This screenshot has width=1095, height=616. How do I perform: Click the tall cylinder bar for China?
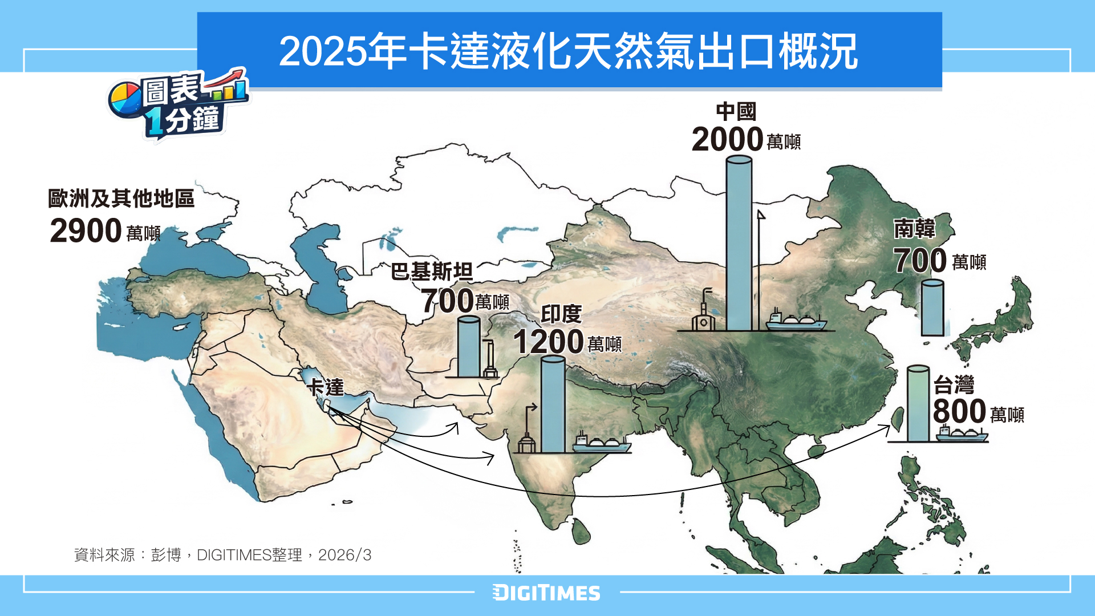(x=739, y=245)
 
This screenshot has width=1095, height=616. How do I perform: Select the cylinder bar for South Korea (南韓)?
(x=932, y=308)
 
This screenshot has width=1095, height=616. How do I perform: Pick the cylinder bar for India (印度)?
(x=553, y=405)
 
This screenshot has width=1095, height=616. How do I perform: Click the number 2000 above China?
(x=727, y=140)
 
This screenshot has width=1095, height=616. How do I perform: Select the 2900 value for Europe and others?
(x=86, y=231)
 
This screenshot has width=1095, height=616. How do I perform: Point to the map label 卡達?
(x=326, y=387)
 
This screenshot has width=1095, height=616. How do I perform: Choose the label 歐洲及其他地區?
(x=121, y=198)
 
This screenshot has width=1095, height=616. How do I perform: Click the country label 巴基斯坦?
(x=432, y=271)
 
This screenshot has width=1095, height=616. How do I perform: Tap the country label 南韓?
(x=914, y=229)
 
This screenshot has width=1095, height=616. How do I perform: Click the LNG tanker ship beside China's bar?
(x=796, y=322)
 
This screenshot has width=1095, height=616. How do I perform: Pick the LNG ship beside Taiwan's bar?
(x=962, y=435)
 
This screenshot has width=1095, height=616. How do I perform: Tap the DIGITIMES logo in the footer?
(x=546, y=593)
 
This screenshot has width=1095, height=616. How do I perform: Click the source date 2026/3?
(x=344, y=555)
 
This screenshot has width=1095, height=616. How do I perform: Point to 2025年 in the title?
(x=342, y=51)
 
